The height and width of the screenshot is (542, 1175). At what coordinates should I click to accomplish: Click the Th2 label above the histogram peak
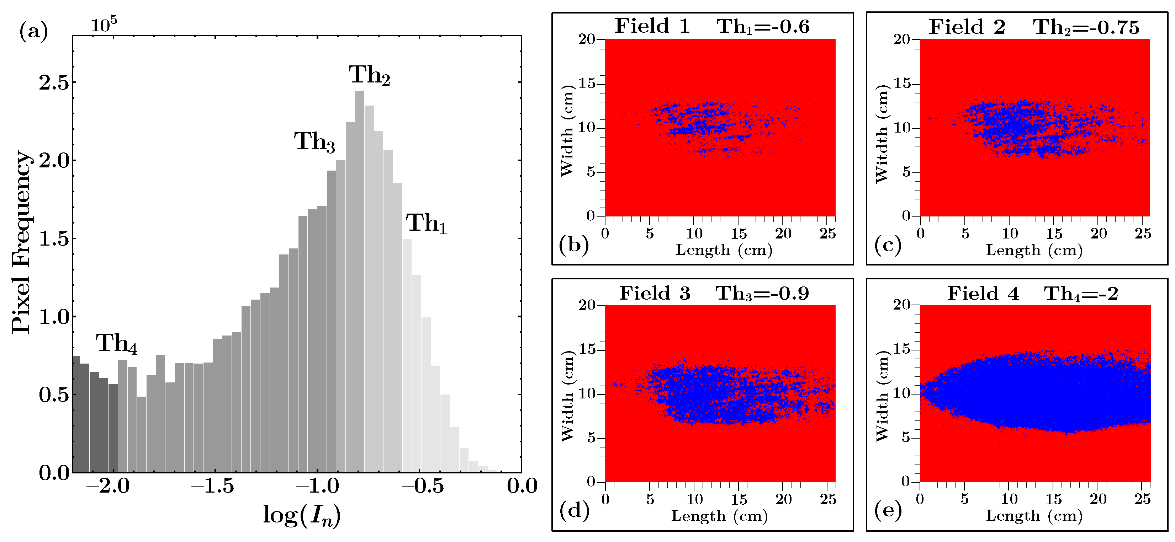[x=370, y=75]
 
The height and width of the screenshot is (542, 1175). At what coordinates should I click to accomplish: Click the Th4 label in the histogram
[x=116, y=343]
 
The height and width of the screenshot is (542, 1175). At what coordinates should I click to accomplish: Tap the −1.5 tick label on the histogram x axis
[x=213, y=486]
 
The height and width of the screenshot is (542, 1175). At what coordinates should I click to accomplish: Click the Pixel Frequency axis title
[x=21, y=242]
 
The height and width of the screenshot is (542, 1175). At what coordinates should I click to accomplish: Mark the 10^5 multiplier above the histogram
[x=104, y=24]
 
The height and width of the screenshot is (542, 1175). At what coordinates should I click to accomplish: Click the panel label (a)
[x=33, y=32]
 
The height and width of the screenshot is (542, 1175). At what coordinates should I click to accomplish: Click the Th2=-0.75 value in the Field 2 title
[x=1086, y=27]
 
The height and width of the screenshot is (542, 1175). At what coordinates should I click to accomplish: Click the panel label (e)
[x=888, y=511]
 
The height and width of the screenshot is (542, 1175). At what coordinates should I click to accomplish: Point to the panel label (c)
[x=888, y=245]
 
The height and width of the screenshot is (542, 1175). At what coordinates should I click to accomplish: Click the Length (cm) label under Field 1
[x=724, y=250]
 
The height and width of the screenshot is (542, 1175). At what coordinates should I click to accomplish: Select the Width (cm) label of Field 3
[x=567, y=396]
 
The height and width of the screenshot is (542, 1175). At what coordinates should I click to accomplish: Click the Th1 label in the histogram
[x=426, y=224]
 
